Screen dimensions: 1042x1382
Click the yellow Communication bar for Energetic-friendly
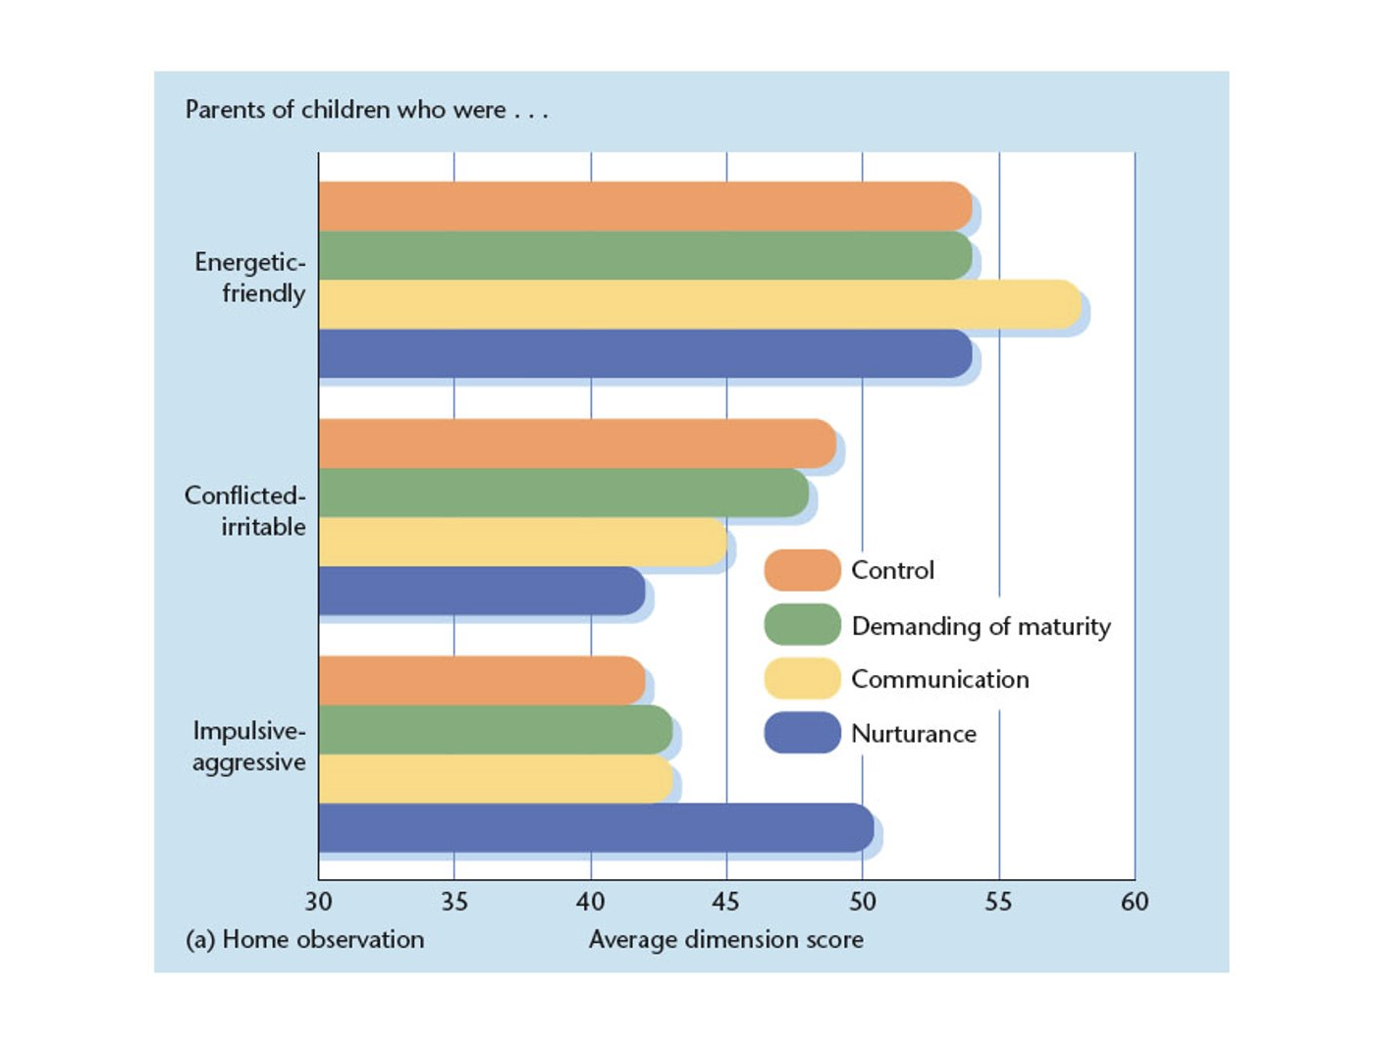coord(699,304)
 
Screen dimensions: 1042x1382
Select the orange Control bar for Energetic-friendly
coord(644,206)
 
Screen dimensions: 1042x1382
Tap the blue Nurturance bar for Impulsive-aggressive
coord(595,828)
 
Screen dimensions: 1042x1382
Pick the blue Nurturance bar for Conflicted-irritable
coord(481,591)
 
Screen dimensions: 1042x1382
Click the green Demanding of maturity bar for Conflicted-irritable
coord(562,493)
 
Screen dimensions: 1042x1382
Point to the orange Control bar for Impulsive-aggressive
coord(481,680)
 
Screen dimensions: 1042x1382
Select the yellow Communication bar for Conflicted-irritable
coord(522,542)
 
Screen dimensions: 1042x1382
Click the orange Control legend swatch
coord(802,570)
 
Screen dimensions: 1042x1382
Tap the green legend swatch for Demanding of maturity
coord(802,625)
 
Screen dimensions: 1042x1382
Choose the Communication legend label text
coord(939,679)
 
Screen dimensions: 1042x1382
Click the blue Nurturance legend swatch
coord(802,733)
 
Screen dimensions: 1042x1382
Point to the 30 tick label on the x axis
coord(318,902)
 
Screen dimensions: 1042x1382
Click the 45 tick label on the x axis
coord(725,902)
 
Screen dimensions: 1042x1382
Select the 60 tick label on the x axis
coord(1135,902)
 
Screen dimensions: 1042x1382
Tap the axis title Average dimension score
coord(725,940)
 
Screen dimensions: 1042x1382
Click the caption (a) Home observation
coord(305,940)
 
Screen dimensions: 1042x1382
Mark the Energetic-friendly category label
coord(251,278)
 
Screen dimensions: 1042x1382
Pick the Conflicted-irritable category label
coord(245,511)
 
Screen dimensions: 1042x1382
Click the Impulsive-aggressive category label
coord(249,747)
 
